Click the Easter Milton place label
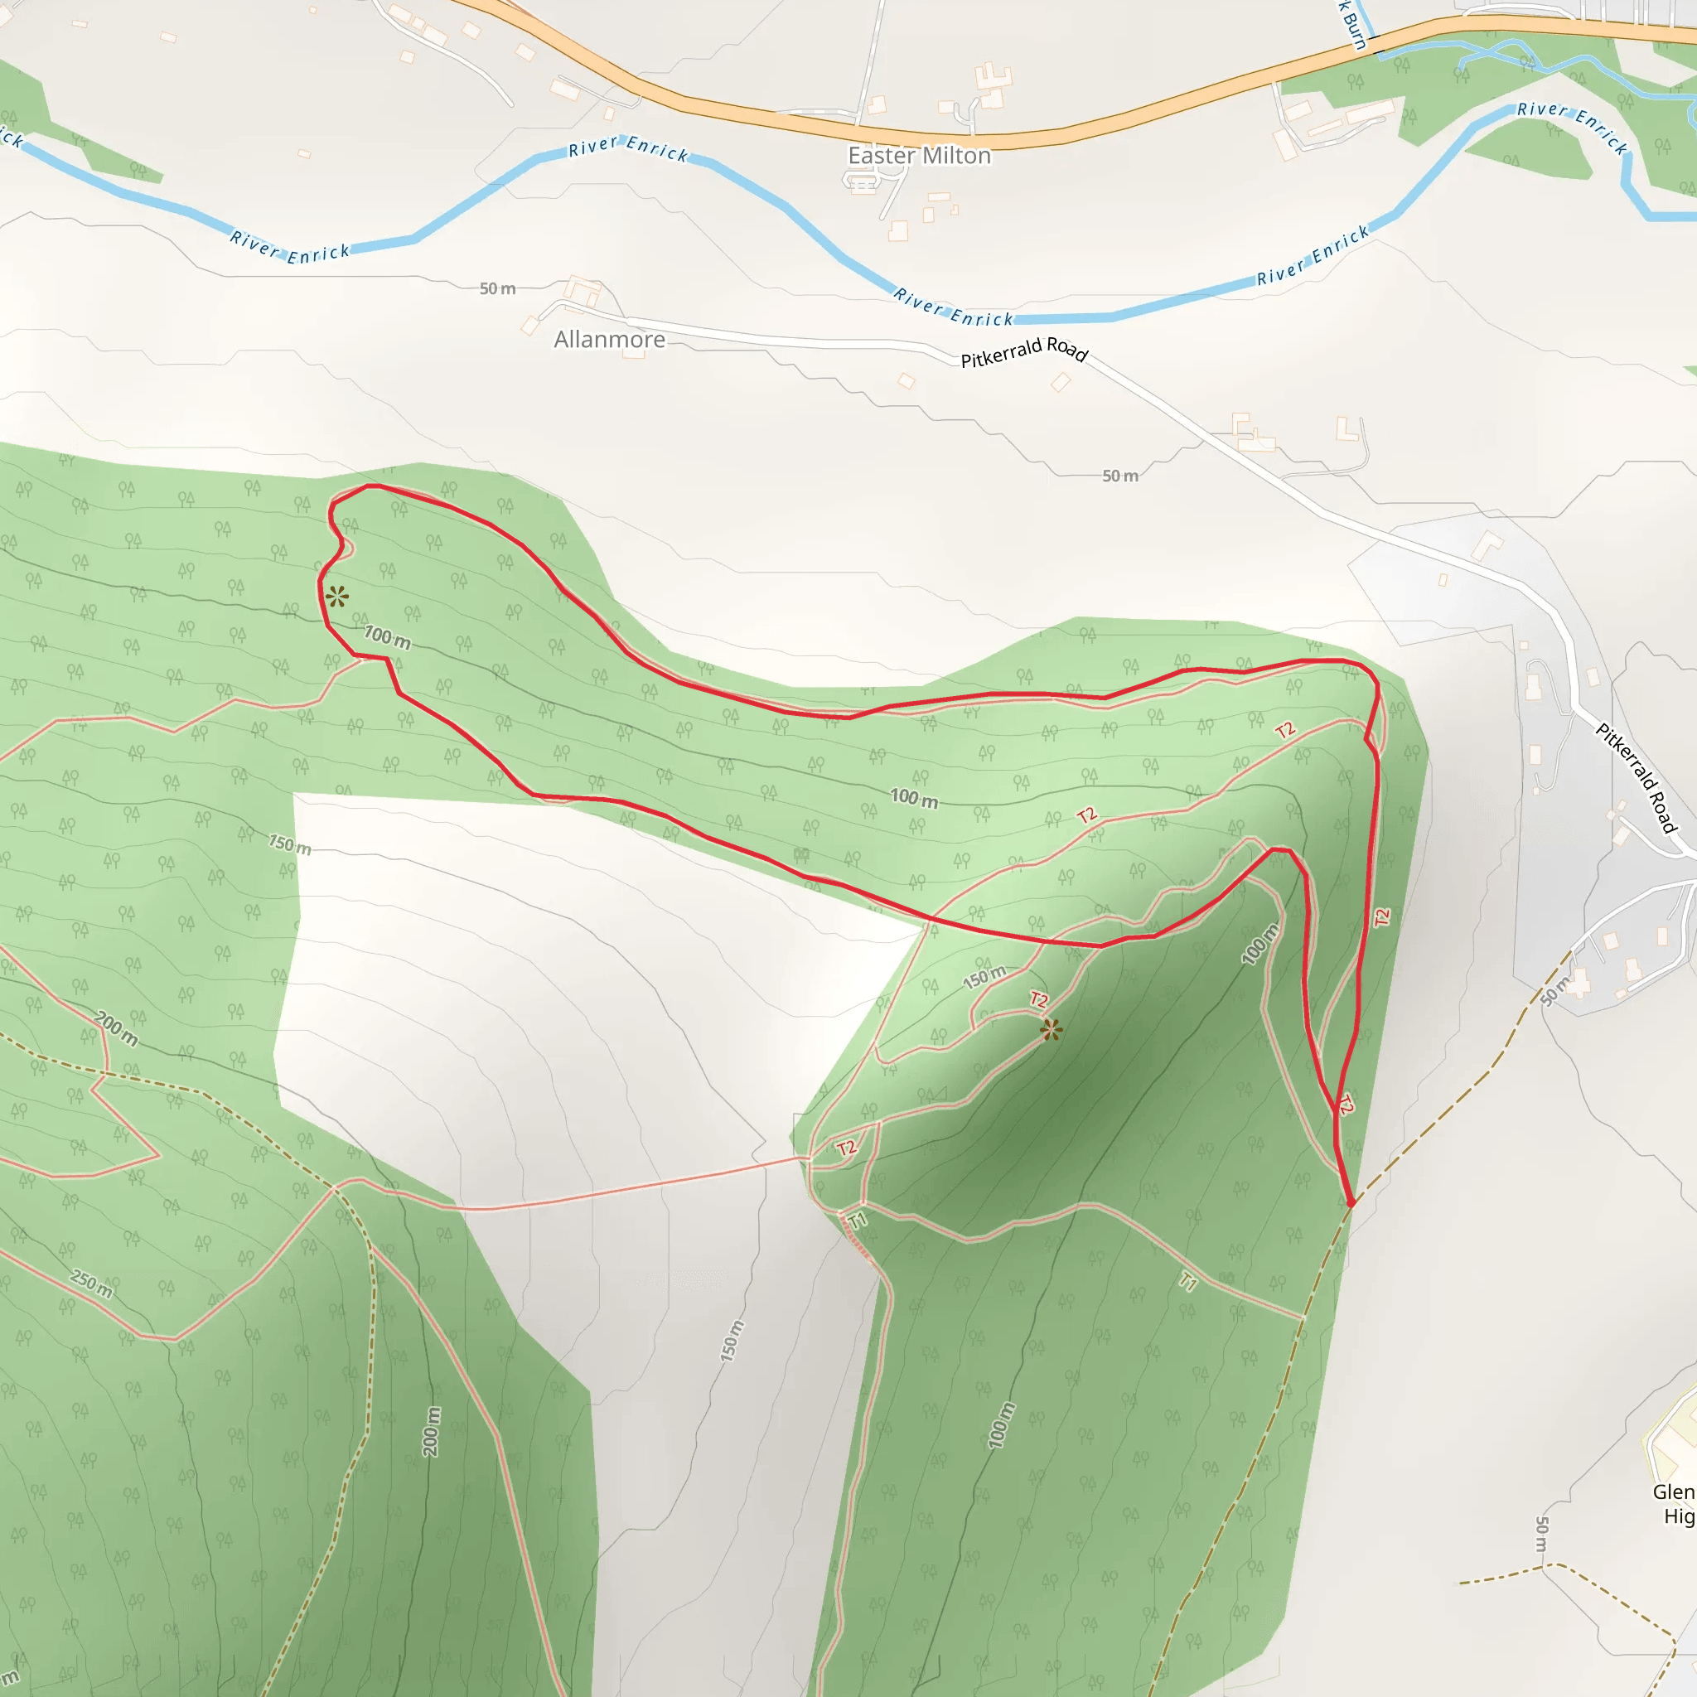[919, 156]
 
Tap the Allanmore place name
[610, 340]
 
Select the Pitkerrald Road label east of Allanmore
[1024, 351]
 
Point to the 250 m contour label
[92, 1284]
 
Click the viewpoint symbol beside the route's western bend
[336, 597]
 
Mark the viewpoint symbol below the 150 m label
[1051, 1029]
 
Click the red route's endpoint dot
[1351, 1203]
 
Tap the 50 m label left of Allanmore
[497, 289]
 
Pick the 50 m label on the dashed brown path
[1554, 991]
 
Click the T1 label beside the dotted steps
[858, 1220]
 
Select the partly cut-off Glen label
[1673, 1492]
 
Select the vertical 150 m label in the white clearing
[732, 1342]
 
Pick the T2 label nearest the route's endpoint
[1346, 1104]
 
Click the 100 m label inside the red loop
[915, 798]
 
